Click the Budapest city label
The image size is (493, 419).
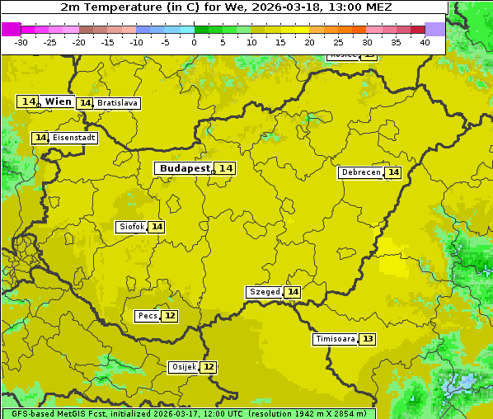point(185,168)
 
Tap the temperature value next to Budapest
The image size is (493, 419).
point(226,168)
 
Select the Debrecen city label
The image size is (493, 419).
point(360,172)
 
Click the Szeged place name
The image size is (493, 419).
point(265,292)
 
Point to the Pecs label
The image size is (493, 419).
point(148,316)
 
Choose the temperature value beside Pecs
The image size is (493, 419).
point(170,316)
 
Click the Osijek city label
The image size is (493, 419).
point(183,367)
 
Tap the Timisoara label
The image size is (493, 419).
point(336,339)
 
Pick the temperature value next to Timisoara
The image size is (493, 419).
point(368,339)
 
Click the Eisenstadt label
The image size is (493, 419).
point(73,138)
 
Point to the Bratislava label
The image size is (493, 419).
point(116,103)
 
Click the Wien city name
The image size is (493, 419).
point(59,101)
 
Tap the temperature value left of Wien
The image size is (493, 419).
point(29,101)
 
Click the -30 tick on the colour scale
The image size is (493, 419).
point(21,42)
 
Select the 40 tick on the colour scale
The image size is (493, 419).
point(425,42)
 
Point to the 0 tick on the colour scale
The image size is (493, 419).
point(194,42)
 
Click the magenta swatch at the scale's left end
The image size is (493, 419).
point(11,29)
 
